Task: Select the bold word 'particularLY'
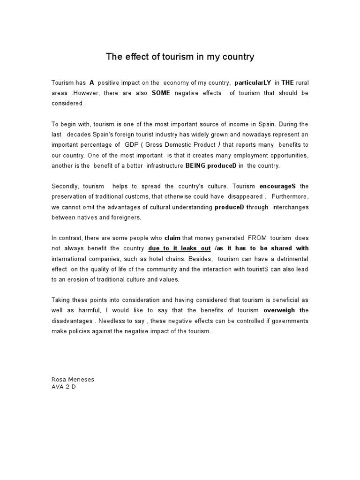click(x=253, y=82)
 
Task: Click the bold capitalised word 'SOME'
click(x=161, y=93)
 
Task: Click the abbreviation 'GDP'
click(x=133, y=145)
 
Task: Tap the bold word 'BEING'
click(x=196, y=165)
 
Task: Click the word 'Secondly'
click(x=64, y=186)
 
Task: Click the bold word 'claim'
click(x=172, y=238)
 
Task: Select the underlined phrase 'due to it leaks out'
click(x=180, y=248)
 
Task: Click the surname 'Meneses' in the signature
click(x=83, y=380)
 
